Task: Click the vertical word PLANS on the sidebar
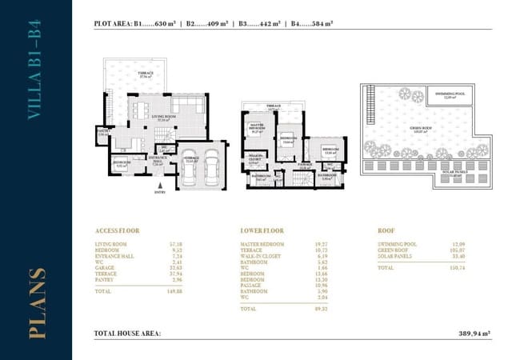pos(36,306)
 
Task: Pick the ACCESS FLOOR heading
pos(117,230)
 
